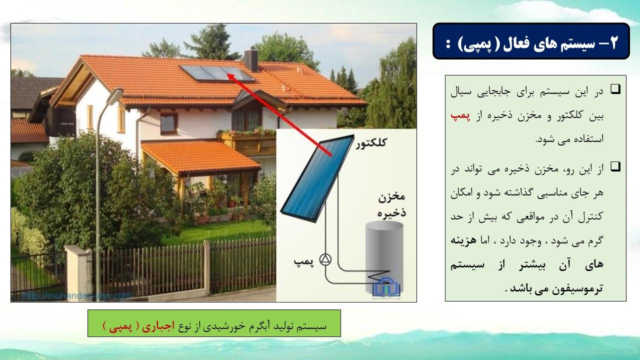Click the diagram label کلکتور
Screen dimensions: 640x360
pos(371,142)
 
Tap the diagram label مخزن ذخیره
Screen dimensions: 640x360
pos(391,205)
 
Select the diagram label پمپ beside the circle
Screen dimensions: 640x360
pos(303,261)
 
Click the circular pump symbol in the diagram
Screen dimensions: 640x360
pos(325,259)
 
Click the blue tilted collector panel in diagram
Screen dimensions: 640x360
pos(317,178)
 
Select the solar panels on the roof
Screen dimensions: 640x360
pos(217,73)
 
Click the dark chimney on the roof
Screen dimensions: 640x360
pos(251,59)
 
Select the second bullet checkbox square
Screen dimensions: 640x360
pos(615,166)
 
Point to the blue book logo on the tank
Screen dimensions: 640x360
pos(386,287)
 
